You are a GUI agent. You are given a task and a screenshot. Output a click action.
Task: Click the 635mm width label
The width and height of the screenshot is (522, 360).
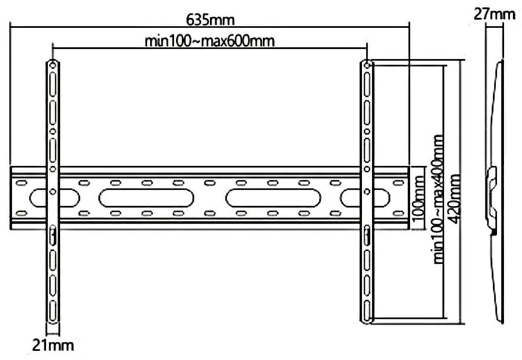tap(210, 19)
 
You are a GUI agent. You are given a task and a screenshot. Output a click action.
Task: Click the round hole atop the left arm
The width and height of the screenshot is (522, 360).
tap(53, 65)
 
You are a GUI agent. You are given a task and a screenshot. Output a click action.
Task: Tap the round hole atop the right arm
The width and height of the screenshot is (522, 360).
tap(367, 65)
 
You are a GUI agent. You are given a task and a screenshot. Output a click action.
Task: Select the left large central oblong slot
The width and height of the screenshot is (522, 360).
tap(146, 198)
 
